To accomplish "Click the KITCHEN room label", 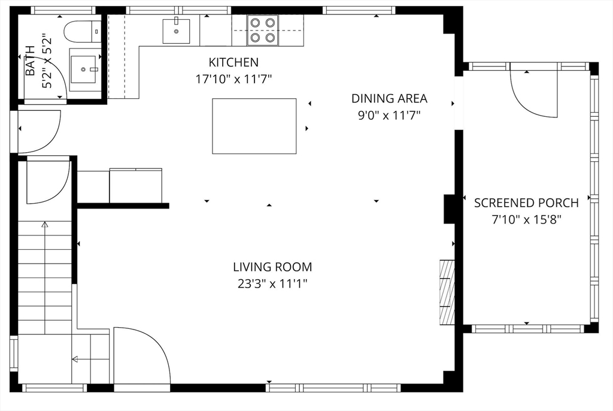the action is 233,62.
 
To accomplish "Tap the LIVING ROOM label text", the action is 272,267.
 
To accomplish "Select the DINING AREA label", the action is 389,99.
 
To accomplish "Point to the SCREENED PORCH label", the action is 526,203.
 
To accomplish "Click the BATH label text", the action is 30,61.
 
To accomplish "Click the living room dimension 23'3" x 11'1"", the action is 272,284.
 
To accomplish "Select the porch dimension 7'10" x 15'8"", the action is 526,220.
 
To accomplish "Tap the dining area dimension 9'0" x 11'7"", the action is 389,116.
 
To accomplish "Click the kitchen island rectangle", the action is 254,126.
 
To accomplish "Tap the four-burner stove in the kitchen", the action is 262,30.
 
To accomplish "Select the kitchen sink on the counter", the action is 177,31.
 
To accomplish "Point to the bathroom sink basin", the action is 83,69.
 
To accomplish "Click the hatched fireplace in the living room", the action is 447,292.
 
